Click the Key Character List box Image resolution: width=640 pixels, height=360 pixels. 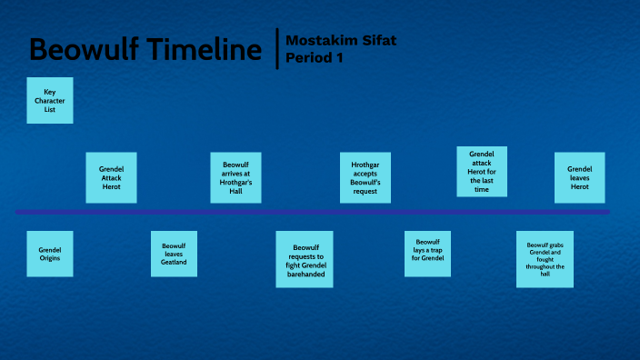click(x=50, y=100)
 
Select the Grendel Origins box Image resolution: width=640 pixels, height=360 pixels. click(x=50, y=254)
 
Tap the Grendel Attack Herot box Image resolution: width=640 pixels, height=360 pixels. click(x=111, y=177)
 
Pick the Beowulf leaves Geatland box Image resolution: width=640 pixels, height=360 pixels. click(x=174, y=254)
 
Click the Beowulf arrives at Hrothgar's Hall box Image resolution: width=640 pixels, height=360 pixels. click(x=235, y=177)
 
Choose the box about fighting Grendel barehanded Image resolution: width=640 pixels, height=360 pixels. click(x=305, y=259)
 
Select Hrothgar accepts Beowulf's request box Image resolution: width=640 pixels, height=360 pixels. click(x=365, y=177)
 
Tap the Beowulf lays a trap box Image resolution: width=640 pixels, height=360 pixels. click(x=427, y=252)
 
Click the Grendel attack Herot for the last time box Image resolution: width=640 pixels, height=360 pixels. click(x=481, y=172)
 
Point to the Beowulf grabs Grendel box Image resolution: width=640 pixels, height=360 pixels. click(x=545, y=259)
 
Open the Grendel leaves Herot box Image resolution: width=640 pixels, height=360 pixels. click(x=579, y=177)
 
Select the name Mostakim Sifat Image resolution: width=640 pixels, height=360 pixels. click(x=341, y=41)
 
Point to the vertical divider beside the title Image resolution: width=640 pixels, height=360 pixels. click(x=276, y=49)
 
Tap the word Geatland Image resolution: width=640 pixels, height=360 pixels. click(x=174, y=262)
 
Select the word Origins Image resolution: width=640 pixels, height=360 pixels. click(x=50, y=258)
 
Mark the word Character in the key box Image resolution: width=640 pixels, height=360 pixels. click(x=50, y=100)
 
